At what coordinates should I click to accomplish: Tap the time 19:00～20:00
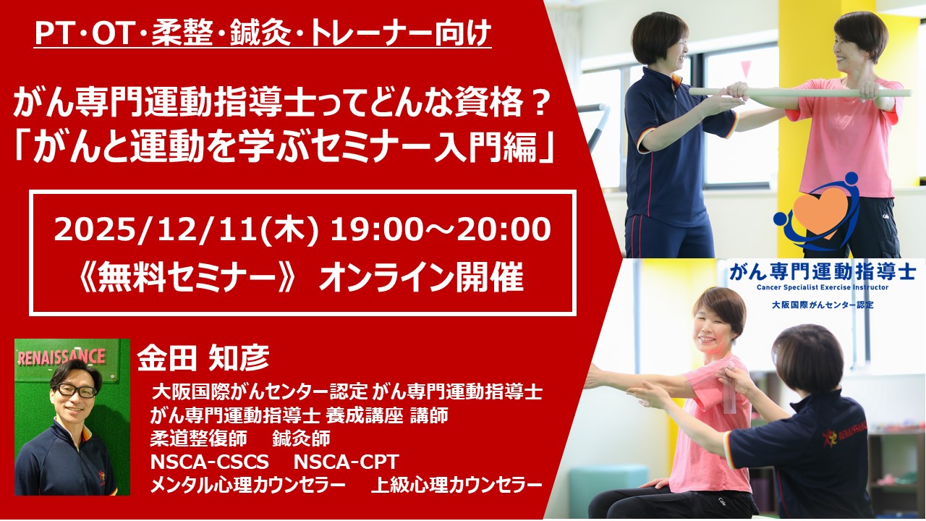coord(441,230)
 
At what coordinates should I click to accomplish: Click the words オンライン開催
coord(422,278)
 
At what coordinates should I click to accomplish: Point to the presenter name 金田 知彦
coord(203,357)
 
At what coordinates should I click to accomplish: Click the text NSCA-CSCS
coord(209,462)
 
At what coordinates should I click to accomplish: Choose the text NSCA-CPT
coord(346,462)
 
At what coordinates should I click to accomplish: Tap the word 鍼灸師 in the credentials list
coord(301,439)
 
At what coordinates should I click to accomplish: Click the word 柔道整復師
coord(198,439)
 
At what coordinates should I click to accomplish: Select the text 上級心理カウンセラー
coord(456,486)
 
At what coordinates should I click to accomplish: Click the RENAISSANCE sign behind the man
coord(61,357)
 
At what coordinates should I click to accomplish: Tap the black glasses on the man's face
coord(75,390)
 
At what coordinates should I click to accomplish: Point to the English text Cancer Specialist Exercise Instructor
coord(823,287)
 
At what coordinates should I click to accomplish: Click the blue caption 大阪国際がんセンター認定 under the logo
coord(823,305)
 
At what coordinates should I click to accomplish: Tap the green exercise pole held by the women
coord(800,92)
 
